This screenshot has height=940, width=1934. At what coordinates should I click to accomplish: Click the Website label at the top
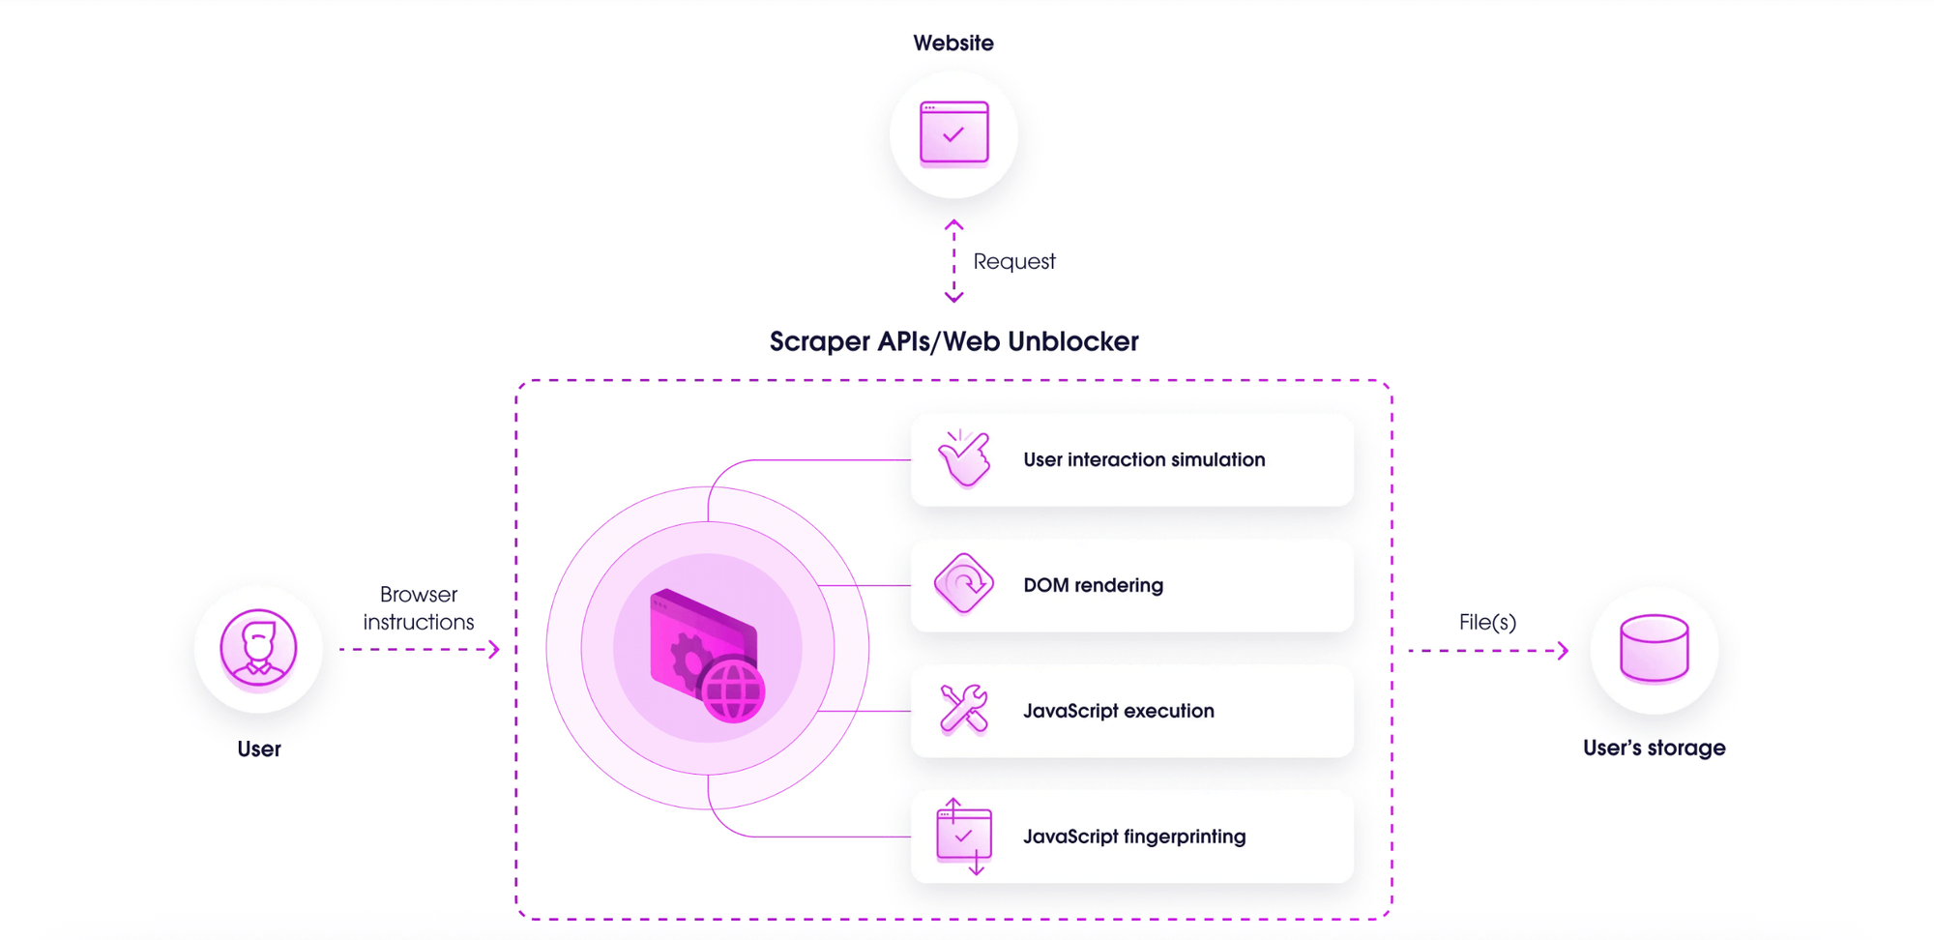click(952, 44)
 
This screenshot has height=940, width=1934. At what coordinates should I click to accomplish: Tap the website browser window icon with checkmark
click(953, 132)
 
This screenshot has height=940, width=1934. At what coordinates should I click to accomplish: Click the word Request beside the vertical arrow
click(1013, 261)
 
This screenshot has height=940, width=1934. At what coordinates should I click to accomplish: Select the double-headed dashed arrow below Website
click(953, 261)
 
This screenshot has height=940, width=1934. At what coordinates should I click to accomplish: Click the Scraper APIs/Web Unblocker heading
click(953, 341)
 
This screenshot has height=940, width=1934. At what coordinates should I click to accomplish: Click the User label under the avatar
click(258, 749)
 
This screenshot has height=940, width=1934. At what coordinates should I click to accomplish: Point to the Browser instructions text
click(418, 608)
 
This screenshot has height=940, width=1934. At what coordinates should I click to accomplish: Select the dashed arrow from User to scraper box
click(420, 649)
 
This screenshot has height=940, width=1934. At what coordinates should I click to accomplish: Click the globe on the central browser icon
click(733, 690)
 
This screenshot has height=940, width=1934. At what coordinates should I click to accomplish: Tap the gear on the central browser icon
click(689, 661)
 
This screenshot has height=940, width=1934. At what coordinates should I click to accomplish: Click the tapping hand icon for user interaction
click(964, 458)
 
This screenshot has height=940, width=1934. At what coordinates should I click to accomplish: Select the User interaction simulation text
click(1143, 459)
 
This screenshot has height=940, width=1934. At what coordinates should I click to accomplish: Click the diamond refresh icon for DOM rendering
click(964, 584)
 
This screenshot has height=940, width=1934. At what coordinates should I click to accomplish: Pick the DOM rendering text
click(1093, 585)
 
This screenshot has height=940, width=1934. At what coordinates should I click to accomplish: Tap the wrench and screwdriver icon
click(964, 709)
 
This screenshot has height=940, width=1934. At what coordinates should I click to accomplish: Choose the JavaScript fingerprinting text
click(1133, 837)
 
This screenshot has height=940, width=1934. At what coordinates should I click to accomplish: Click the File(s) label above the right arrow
click(1486, 622)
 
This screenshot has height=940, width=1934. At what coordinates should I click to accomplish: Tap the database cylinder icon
click(1654, 648)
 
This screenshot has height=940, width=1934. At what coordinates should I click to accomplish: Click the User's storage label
click(1654, 748)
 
